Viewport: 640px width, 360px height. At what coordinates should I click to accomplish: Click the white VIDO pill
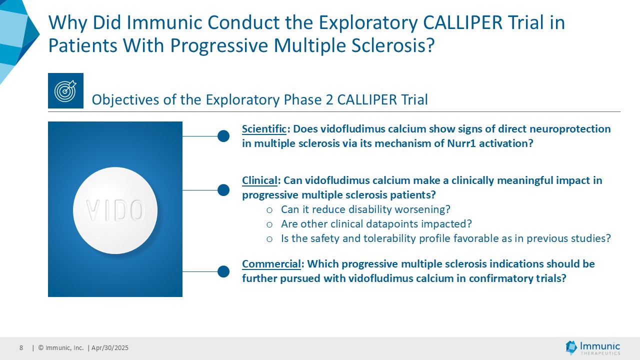[x=115, y=210]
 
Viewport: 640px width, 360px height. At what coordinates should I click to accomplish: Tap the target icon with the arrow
[x=65, y=90]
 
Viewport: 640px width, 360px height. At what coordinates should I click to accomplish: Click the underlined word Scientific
[x=264, y=129]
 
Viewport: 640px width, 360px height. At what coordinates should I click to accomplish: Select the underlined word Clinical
[x=259, y=180]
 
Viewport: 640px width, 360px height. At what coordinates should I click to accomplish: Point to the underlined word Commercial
[x=271, y=263]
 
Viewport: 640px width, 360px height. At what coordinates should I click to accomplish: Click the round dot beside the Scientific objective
[x=223, y=136]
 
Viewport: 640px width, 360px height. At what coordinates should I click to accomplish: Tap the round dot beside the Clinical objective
[x=223, y=190]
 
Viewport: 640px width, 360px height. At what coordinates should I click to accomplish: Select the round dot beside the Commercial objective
[x=223, y=271]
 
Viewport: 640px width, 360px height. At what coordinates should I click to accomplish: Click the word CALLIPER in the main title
[x=462, y=22]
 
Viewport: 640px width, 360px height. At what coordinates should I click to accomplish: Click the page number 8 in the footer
[x=21, y=347]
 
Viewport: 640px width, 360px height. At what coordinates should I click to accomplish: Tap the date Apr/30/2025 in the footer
[x=109, y=347]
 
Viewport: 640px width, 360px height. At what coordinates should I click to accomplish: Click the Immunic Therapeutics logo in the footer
[x=593, y=347]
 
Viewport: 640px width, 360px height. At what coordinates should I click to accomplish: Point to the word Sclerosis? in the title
[x=393, y=45]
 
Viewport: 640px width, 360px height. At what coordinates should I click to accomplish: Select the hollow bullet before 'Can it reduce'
[x=269, y=210]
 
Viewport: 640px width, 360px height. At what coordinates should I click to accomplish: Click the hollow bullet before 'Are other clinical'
[x=269, y=224]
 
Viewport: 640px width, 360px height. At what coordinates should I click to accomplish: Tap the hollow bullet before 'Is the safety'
[x=269, y=239]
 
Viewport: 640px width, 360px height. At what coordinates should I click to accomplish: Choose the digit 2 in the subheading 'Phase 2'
[x=329, y=99]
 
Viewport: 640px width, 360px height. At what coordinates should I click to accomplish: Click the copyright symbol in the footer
[x=41, y=347]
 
